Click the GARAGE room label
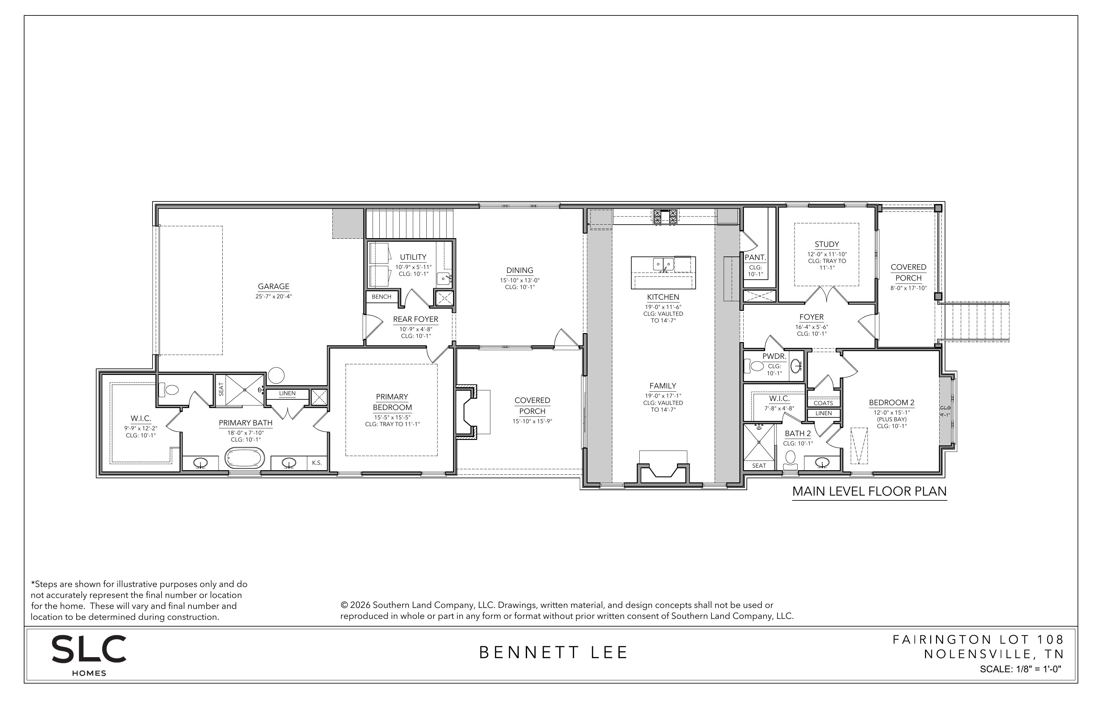(273, 286)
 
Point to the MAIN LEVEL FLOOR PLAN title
(869, 491)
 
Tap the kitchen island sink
(663, 264)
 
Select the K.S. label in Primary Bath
(317, 463)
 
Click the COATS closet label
(823, 403)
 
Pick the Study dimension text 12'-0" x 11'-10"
(827, 254)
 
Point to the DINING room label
(520, 271)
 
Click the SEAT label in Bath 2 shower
(759, 466)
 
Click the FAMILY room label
(663, 386)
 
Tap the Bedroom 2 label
(892, 403)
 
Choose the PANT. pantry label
(755, 258)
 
